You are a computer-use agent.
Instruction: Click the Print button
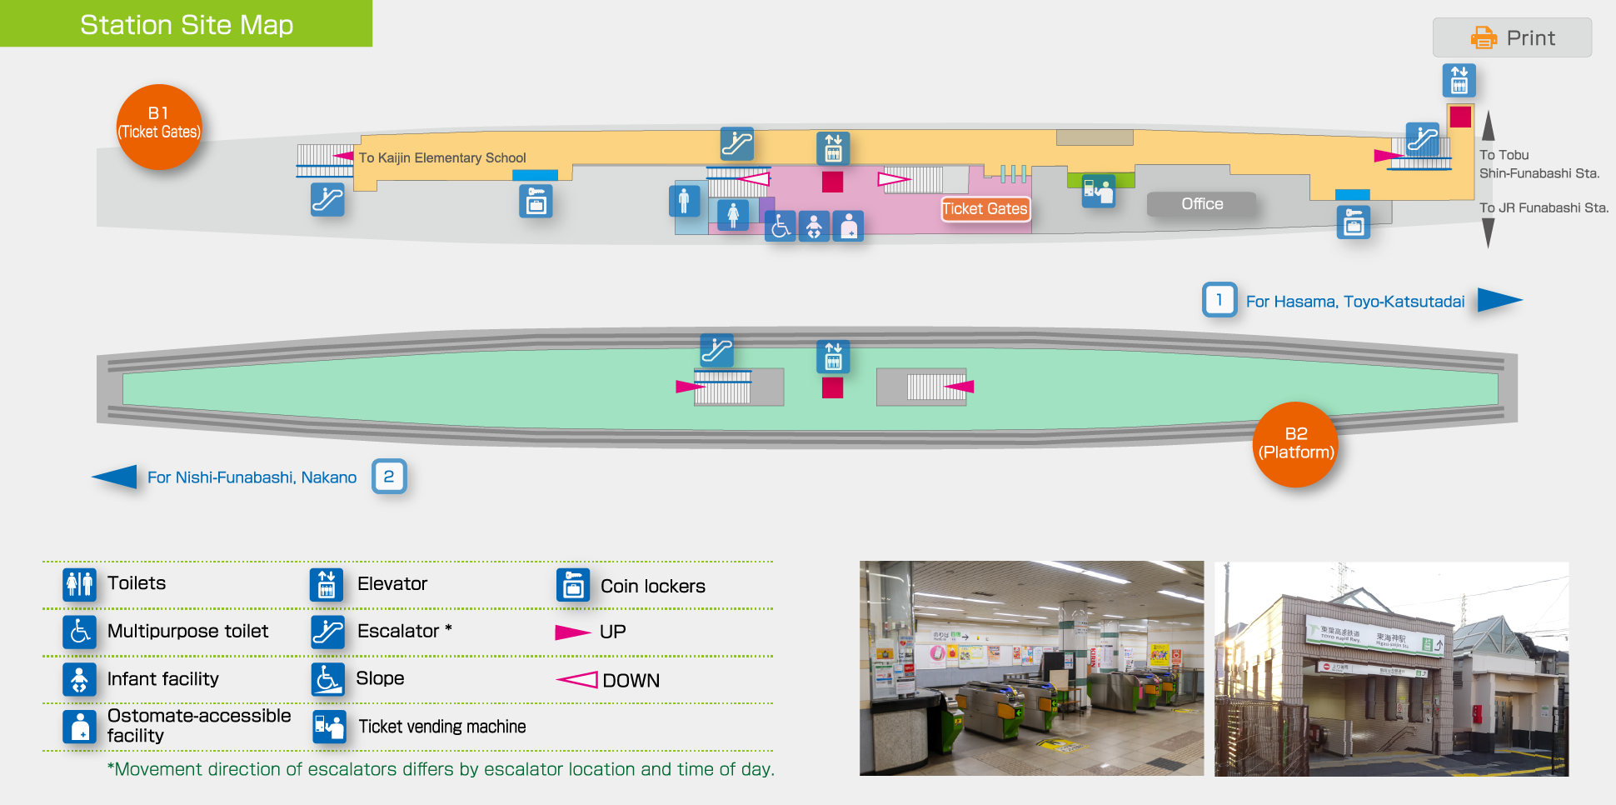point(1512,37)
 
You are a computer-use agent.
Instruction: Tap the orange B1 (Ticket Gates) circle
point(159,127)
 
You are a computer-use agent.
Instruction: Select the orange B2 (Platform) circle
point(1295,444)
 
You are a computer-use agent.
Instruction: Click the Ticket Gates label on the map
point(985,209)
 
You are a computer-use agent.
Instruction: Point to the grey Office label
point(1202,204)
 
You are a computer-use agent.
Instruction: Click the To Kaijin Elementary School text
point(442,157)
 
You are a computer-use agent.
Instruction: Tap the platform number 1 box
point(1219,300)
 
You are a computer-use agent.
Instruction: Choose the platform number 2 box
point(389,477)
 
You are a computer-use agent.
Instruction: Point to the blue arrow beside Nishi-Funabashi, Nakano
point(115,477)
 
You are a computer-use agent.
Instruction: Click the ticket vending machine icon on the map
point(1098,192)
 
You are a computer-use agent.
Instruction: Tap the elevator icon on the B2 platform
point(833,357)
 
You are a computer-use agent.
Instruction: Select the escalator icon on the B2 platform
point(716,350)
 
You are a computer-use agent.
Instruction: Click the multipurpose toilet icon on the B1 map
point(781,226)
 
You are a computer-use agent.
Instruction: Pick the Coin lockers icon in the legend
point(573,585)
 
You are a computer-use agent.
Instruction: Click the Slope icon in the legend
point(327,679)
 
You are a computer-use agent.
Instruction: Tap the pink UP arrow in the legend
point(572,632)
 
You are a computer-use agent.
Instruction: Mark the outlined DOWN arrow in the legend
point(576,680)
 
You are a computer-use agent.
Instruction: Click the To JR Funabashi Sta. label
point(1544,207)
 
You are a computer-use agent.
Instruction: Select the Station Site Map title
point(187,24)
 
